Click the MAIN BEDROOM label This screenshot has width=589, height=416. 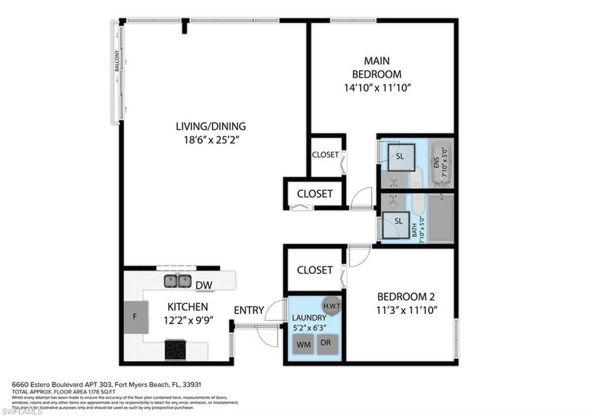coord(376,67)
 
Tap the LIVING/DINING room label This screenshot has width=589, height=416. coord(211,126)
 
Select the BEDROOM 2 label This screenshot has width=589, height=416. coord(406,297)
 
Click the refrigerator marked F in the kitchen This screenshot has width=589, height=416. coord(136,316)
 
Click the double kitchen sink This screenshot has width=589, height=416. coord(177,281)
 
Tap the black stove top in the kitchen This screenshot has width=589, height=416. coord(175,349)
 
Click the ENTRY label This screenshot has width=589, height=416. coord(248,310)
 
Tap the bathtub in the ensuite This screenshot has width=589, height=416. coord(442,163)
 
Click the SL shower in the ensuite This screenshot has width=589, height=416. coord(400,157)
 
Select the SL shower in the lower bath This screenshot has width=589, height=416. coord(397,222)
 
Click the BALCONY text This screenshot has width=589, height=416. coord(117,62)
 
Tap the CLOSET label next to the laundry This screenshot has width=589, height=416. coord(315,270)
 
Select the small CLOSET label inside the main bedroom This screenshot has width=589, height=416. coord(325,155)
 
